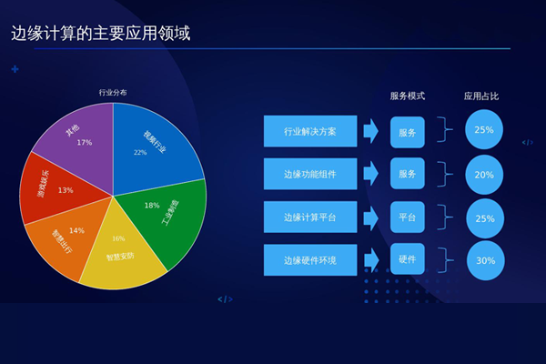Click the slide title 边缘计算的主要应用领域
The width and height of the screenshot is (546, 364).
(106, 35)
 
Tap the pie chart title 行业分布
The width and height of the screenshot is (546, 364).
(113, 92)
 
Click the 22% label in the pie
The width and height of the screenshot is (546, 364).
(140, 153)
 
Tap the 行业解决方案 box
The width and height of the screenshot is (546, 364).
(310, 131)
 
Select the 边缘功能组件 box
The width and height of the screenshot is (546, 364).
(310, 174)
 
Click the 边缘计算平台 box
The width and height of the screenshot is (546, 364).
(310, 217)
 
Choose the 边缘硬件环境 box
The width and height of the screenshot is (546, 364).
(310, 260)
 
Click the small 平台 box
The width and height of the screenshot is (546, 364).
(408, 217)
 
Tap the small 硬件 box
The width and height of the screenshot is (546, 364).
(408, 260)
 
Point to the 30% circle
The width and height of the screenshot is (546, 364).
(484, 260)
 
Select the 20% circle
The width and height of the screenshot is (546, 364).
(484, 174)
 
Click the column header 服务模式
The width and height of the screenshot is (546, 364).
(408, 96)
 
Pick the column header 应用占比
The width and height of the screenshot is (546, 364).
(482, 96)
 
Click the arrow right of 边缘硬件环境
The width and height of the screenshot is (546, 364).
(370, 260)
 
